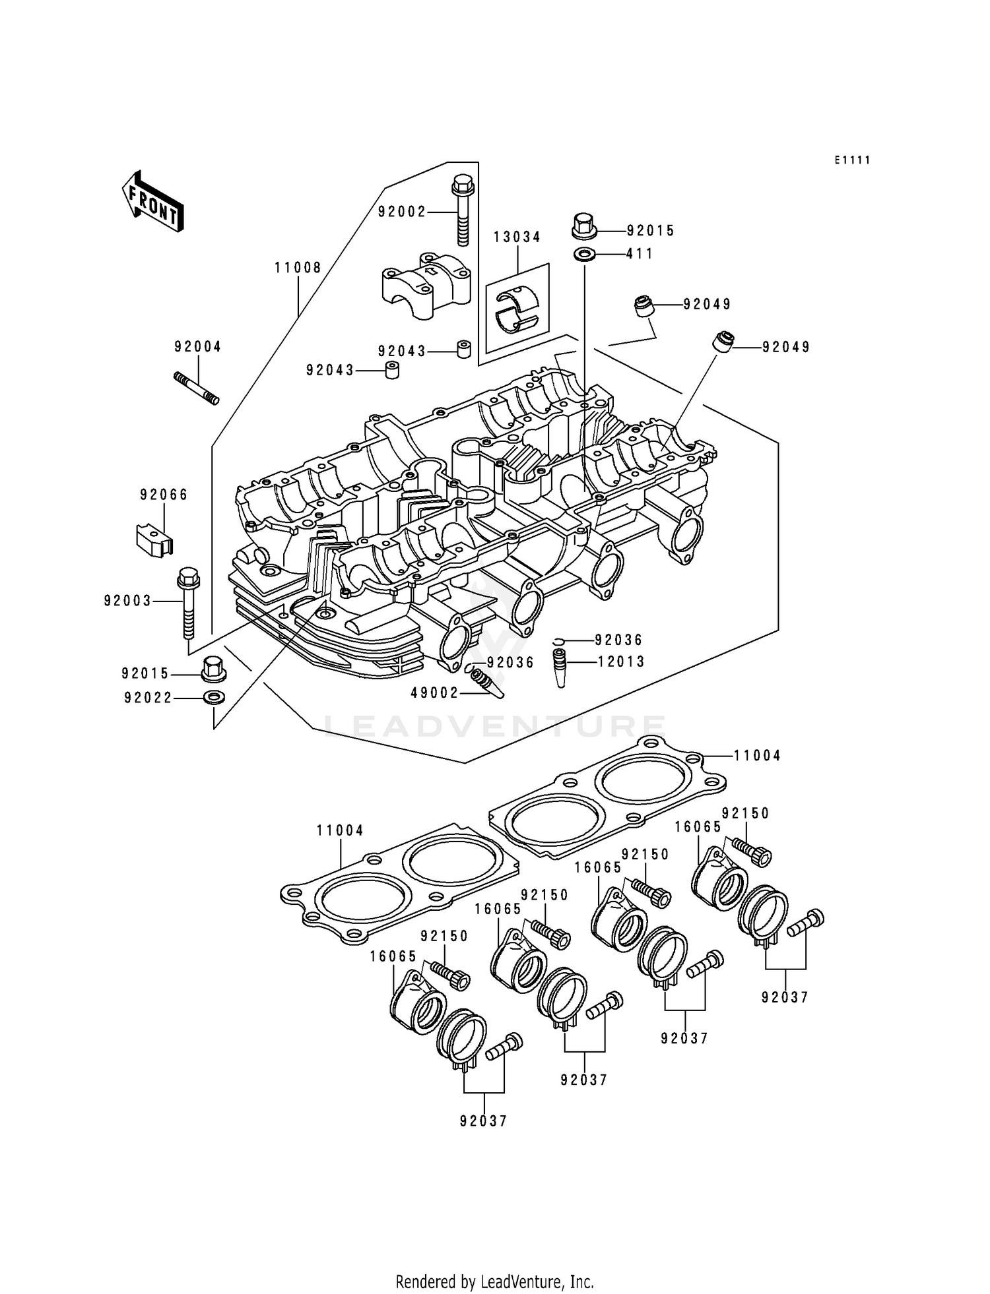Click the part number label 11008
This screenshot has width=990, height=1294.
click(298, 268)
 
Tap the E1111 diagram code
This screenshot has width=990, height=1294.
click(851, 160)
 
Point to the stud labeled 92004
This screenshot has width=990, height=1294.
click(196, 388)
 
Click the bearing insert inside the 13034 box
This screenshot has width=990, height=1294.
click(517, 307)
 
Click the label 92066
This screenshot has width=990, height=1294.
click(164, 495)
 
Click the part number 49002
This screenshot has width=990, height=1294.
click(434, 693)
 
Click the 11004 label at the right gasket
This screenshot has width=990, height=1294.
click(757, 756)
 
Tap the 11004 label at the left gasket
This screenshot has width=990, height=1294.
click(340, 831)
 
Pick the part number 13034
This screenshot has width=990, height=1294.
click(517, 237)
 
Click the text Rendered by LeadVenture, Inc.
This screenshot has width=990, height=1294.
click(494, 1281)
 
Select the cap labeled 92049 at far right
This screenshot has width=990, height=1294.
click(723, 342)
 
